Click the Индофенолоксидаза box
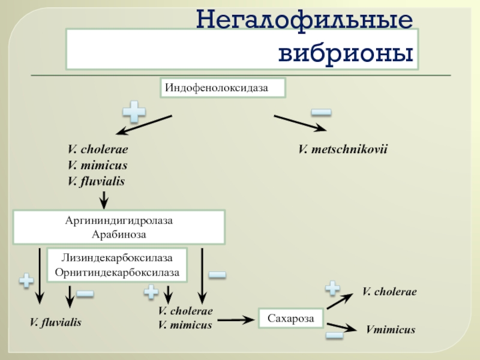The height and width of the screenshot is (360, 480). click(x=223, y=88)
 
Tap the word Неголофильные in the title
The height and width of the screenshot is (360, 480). click(x=305, y=19)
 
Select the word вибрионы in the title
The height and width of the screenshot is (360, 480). click(x=346, y=53)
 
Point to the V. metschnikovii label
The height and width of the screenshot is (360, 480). click(x=343, y=149)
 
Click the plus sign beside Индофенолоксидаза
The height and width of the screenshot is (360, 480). click(x=134, y=112)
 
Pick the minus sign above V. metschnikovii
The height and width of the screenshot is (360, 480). click(x=321, y=112)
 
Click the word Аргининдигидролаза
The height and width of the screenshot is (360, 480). click(x=119, y=221)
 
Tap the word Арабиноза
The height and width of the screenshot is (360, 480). click(x=119, y=235)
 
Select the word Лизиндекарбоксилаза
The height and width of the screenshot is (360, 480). click(x=117, y=258)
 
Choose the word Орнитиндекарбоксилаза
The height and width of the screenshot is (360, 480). click(x=117, y=272)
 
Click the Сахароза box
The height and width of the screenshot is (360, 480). click(x=291, y=318)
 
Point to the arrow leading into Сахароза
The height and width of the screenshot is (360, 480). click(x=236, y=320)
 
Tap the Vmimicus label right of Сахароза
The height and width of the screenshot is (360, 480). click(x=391, y=329)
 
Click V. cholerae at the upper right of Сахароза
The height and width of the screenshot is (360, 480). click(x=389, y=292)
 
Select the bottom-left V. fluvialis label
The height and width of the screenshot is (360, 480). click(x=56, y=322)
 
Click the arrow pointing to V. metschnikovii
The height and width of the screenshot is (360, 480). click(x=301, y=124)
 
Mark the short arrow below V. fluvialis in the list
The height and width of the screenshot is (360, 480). click(x=104, y=200)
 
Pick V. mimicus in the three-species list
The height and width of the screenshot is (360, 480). click(x=97, y=166)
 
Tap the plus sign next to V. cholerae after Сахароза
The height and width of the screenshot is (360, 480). click(x=332, y=288)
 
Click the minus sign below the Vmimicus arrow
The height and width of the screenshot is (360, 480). click(x=334, y=335)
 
